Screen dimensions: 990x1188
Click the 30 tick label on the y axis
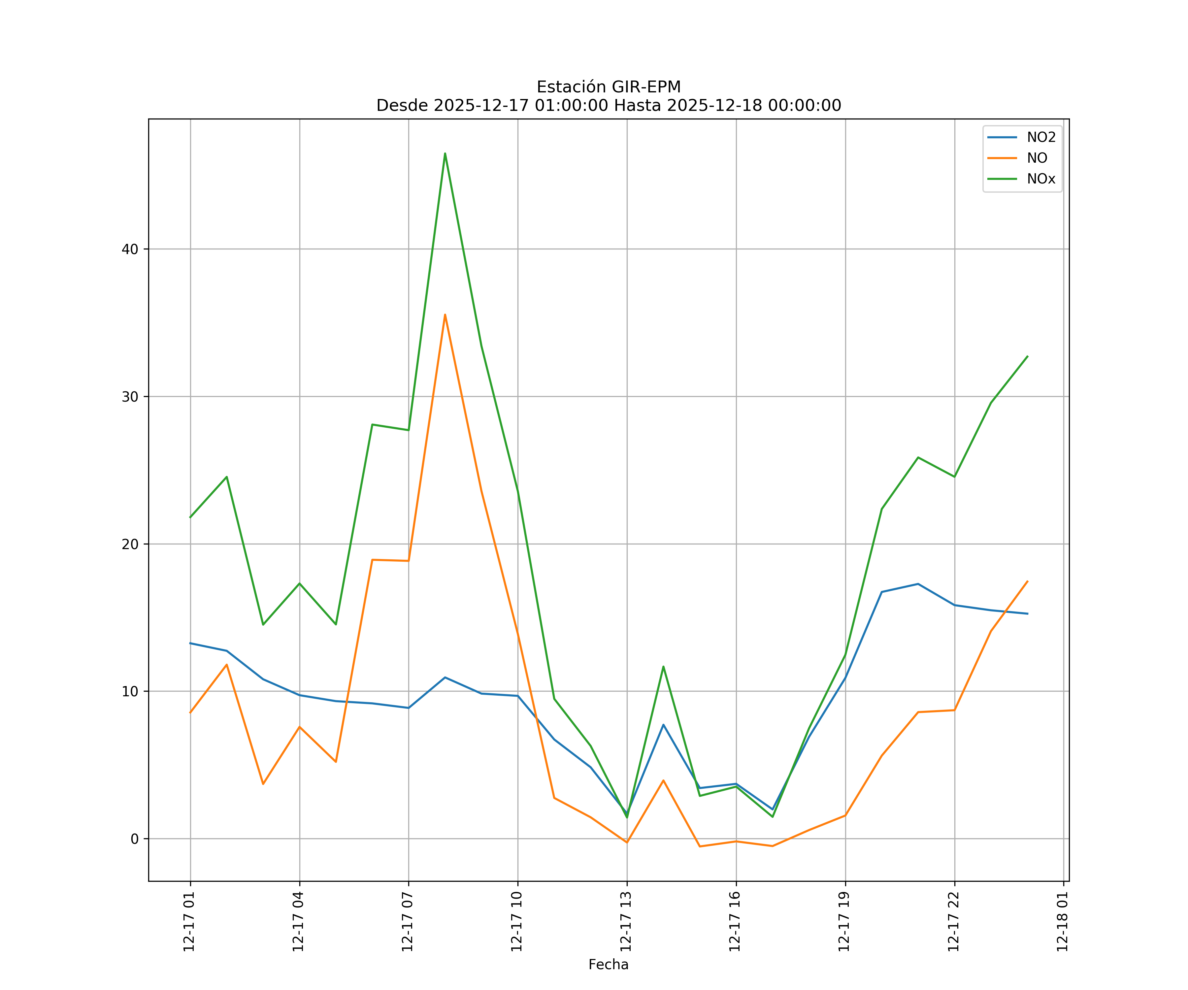point(130,397)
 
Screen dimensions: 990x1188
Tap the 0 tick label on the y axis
point(135,839)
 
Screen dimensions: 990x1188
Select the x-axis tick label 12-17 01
point(189,922)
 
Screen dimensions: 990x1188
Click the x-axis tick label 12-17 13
point(626,922)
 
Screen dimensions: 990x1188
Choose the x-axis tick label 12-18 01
point(1062,922)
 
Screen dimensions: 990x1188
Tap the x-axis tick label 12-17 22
point(953,922)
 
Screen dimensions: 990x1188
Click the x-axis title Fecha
point(608,965)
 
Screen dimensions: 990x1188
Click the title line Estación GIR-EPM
point(608,87)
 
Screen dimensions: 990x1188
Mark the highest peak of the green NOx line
point(445,153)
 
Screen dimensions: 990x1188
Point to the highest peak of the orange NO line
point(445,314)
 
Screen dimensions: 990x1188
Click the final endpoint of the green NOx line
point(1027,356)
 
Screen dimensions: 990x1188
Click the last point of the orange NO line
point(1027,581)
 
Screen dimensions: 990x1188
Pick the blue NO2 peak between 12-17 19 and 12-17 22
point(918,584)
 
